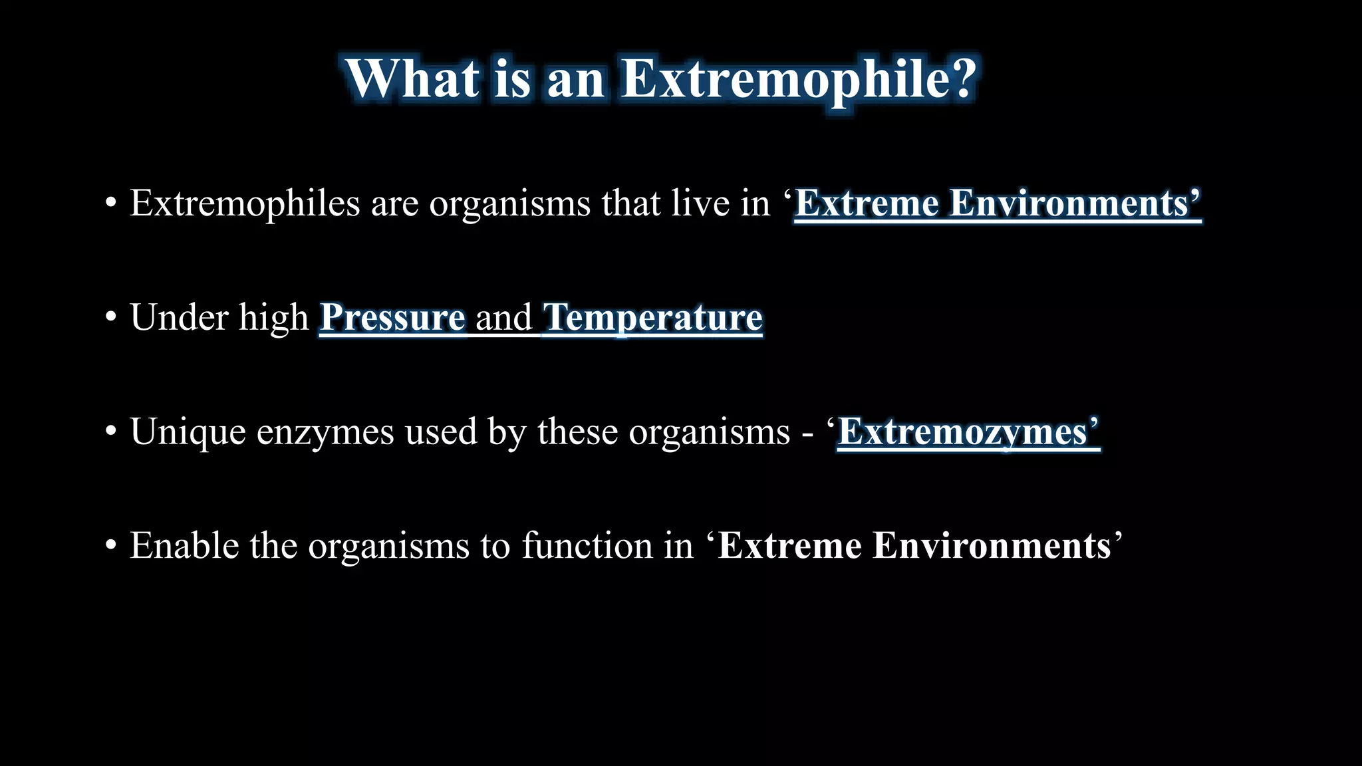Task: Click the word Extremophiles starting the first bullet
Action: tap(244, 203)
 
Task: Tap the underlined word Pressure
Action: tap(392, 318)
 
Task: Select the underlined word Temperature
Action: tap(652, 318)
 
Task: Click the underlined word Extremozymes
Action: tap(962, 432)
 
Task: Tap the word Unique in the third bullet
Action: tap(188, 432)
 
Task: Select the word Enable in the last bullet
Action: tap(184, 546)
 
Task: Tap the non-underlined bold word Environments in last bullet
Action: tap(992, 546)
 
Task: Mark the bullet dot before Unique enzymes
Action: tap(111, 433)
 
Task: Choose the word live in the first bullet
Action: tap(700, 203)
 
